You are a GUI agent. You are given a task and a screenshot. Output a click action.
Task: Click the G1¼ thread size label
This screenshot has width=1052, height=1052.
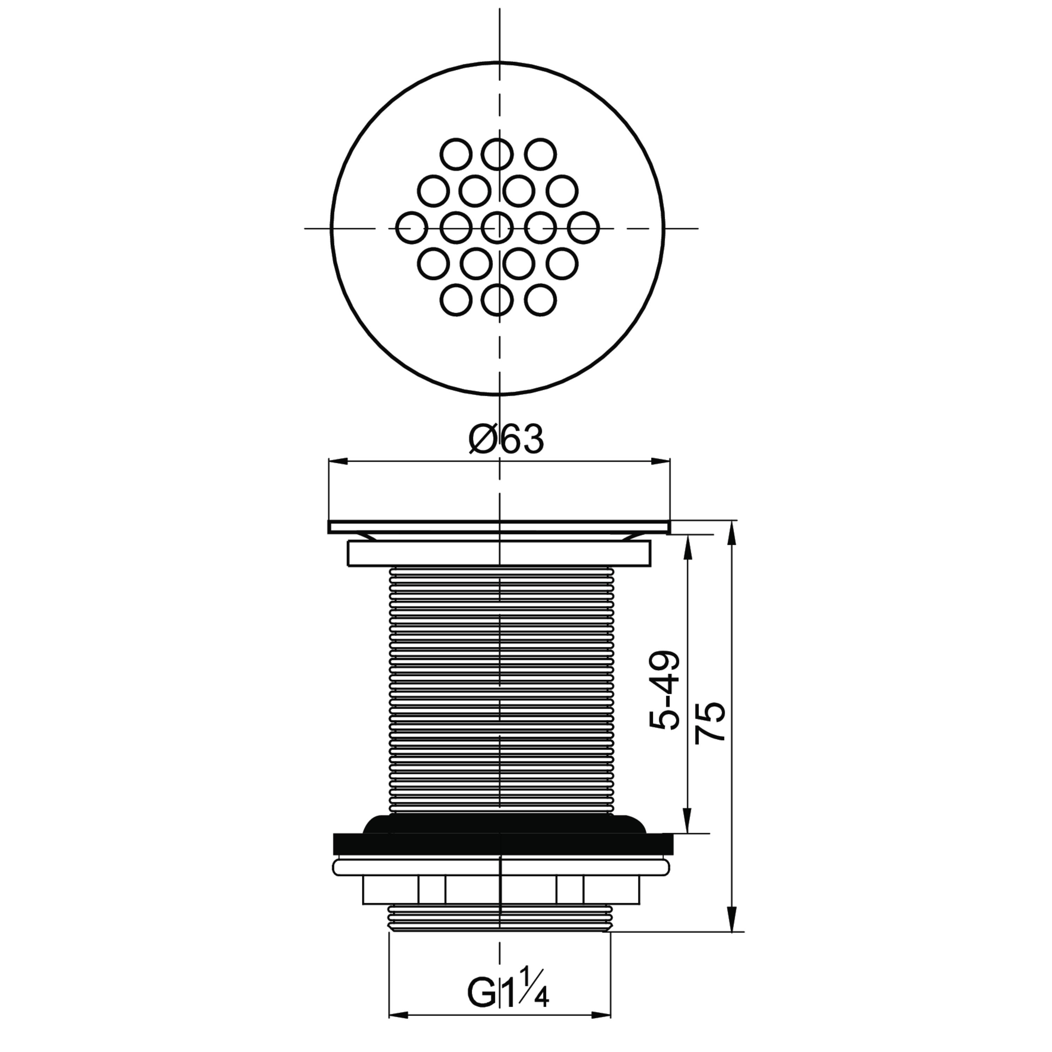click(507, 994)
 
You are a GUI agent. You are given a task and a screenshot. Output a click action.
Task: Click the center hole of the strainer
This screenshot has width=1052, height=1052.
click(498, 228)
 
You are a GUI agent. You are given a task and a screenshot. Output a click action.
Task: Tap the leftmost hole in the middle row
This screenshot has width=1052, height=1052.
click(412, 228)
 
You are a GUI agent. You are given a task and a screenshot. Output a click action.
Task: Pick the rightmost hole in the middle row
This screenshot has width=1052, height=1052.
click(583, 228)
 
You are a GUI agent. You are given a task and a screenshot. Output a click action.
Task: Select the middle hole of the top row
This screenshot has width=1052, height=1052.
click(498, 154)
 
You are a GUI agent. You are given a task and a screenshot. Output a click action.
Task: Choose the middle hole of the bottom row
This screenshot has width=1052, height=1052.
click(498, 300)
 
